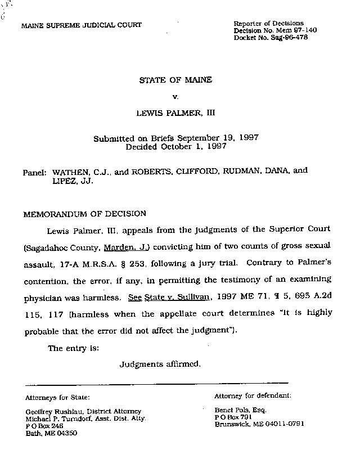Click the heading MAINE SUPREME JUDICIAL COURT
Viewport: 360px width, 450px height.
82,25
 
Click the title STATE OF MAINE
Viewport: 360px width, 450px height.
175,80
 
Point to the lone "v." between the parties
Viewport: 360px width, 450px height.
175,97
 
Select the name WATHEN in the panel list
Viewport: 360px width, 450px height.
73,170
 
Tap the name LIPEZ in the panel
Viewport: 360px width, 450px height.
64,182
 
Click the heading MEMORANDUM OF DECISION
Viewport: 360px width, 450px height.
84,214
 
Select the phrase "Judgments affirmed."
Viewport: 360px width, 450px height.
160,364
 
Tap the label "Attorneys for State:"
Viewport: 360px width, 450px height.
57,397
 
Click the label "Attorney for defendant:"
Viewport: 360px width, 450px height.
253,395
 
